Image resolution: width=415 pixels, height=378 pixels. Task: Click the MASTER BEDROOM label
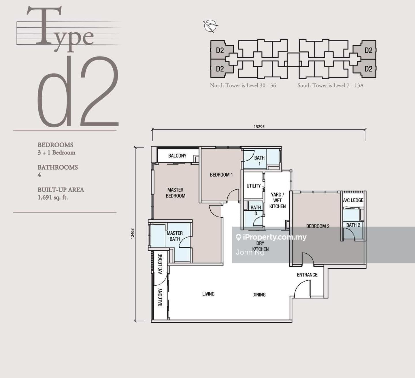[176, 193]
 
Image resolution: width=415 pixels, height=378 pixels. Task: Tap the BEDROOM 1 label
[221, 175]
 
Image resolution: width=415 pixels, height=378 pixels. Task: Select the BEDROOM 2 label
[318, 226]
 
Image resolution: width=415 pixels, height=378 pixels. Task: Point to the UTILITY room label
[253, 186]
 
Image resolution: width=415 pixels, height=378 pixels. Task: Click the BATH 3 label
[256, 210]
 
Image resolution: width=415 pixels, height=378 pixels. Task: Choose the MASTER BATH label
[175, 236]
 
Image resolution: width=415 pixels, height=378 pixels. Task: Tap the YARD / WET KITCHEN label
[278, 201]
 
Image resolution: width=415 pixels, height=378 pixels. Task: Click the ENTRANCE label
[307, 275]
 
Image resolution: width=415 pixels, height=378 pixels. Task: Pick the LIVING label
[208, 294]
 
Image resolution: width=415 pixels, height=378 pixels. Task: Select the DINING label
[259, 295]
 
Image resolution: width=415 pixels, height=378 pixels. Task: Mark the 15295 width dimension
[259, 127]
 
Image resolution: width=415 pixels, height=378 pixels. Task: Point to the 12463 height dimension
[133, 234]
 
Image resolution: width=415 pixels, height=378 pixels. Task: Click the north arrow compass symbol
[210, 26]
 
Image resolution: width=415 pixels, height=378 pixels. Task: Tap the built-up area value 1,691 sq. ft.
[53, 198]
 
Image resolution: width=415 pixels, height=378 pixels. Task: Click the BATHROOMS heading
[58, 167]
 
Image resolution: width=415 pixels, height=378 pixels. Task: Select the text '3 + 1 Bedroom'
[56, 153]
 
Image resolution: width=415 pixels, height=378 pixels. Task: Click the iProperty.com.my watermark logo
[271, 237]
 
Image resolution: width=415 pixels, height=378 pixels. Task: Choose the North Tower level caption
[243, 85]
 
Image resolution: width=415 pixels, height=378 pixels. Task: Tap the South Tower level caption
[330, 85]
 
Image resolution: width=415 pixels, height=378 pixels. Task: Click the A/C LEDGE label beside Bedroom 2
[353, 200]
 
